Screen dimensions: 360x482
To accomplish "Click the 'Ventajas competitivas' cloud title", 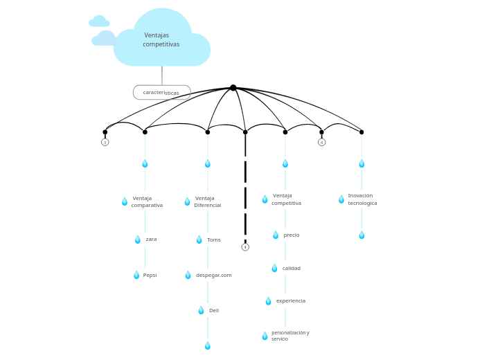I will tap(161, 40).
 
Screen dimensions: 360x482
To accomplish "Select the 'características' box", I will tap(161, 92).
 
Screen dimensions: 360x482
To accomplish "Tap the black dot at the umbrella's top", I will tap(233, 88).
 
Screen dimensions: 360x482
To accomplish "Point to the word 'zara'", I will tap(151, 240).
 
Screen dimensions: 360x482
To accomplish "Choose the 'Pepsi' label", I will tap(150, 275).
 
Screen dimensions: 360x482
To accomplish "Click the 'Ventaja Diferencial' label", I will tap(207, 201).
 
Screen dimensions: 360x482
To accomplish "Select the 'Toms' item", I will tap(214, 240).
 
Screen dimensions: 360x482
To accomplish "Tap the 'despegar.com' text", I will tap(213, 275).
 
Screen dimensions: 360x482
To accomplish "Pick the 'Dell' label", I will tap(214, 310).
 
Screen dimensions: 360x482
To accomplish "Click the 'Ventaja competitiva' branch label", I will tap(286, 199).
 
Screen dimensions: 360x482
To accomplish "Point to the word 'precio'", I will tap(292, 235).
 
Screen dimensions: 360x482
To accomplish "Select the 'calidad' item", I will tap(292, 269).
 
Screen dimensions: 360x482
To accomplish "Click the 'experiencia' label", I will tap(291, 301).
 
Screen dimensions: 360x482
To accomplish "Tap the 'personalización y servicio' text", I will tap(290, 336).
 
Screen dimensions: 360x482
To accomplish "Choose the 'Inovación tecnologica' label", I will tap(362, 199).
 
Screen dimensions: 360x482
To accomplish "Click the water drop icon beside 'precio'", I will tap(276, 235).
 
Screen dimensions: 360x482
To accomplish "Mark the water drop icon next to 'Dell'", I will tap(202, 310).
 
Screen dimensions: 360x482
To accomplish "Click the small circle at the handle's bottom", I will tap(245, 247).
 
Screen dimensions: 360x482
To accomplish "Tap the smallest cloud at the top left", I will tap(99, 21).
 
